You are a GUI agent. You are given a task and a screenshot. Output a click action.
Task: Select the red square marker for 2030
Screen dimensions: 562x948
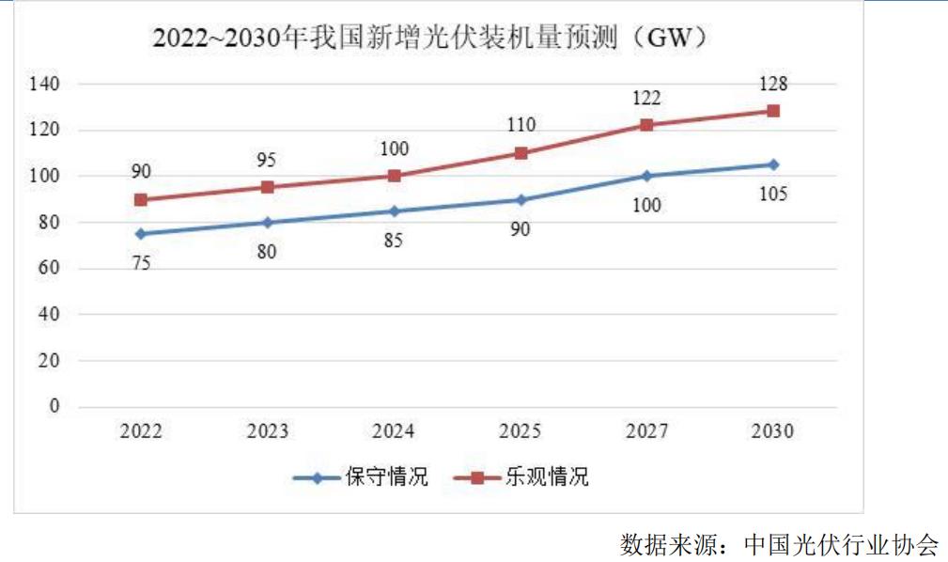(x=773, y=111)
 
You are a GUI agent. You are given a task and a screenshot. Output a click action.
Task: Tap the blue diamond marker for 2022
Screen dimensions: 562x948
(x=140, y=234)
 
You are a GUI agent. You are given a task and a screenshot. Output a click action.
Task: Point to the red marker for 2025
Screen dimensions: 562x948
(x=521, y=153)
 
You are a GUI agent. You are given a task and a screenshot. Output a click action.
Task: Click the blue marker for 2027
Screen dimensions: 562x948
(x=646, y=176)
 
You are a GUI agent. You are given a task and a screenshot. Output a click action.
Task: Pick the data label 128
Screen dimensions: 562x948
(x=773, y=85)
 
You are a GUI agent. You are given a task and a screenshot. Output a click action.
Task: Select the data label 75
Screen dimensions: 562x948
(x=140, y=264)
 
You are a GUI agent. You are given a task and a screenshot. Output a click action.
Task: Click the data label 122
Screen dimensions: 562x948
(x=646, y=98)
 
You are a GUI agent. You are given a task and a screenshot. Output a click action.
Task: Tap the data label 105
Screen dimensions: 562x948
(x=773, y=195)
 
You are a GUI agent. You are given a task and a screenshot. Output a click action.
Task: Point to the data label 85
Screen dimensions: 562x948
(x=394, y=241)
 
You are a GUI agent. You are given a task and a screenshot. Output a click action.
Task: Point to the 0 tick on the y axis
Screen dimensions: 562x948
(x=54, y=407)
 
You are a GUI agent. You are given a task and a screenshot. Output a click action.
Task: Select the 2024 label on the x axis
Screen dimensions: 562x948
(x=394, y=431)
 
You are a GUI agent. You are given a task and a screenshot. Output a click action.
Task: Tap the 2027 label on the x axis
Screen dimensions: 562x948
(x=646, y=431)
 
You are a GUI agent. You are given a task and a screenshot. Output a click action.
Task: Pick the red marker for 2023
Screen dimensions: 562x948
(x=267, y=187)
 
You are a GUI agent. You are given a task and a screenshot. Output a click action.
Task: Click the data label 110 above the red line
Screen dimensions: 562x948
(x=521, y=125)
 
